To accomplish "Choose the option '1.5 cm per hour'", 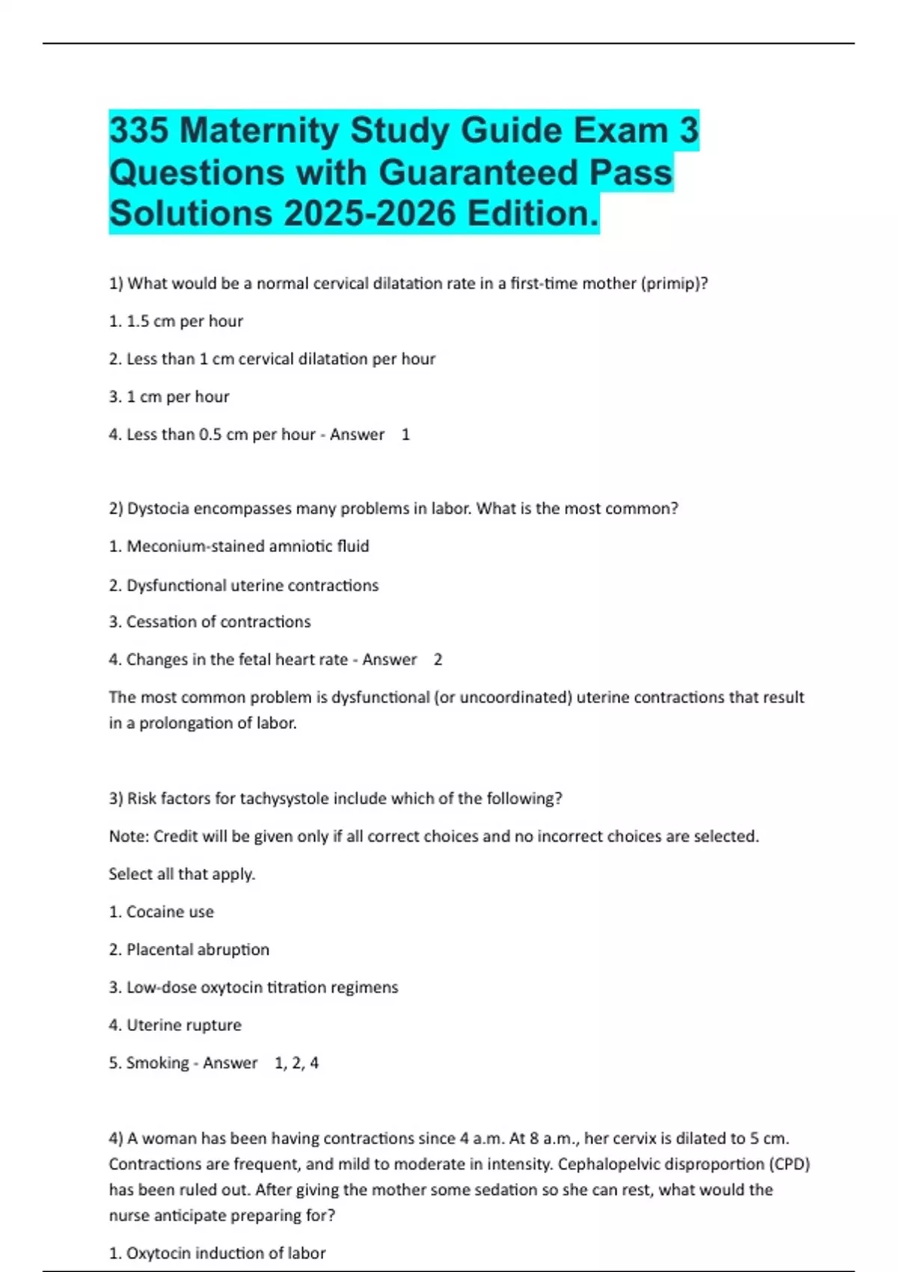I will pyautogui.click(x=176, y=321).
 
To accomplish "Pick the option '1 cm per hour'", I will pyautogui.click(x=169, y=397).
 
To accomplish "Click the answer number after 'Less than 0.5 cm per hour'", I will pyautogui.click(x=406, y=435).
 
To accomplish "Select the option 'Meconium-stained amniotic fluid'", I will pyautogui.click(x=239, y=546).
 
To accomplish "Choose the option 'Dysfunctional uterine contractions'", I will pyautogui.click(x=244, y=585).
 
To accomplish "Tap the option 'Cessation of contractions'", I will pyautogui.click(x=210, y=622).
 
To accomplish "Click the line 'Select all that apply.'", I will pyautogui.click(x=182, y=874).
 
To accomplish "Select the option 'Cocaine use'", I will pyautogui.click(x=162, y=912).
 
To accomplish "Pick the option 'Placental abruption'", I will pyautogui.click(x=189, y=950).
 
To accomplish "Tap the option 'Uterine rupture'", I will pyautogui.click(x=175, y=1025).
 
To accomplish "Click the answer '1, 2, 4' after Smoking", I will pyautogui.click(x=296, y=1063).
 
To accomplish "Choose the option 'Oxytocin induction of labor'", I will pyautogui.click(x=217, y=1253).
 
